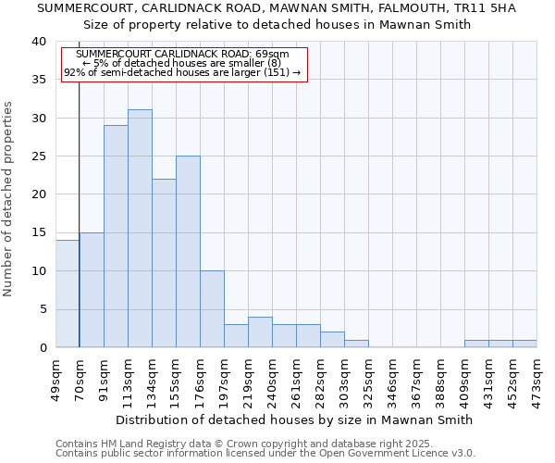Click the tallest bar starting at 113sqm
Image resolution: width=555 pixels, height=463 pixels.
click(140, 229)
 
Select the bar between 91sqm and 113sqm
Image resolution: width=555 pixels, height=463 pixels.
click(116, 236)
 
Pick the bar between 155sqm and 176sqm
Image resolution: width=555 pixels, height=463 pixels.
click(188, 252)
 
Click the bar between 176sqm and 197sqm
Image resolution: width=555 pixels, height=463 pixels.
click(212, 309)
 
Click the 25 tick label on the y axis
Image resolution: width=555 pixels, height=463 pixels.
click(38, 156)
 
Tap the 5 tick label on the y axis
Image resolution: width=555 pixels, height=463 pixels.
click(42, 309)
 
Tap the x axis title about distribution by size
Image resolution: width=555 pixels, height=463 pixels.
click(295, 419)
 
